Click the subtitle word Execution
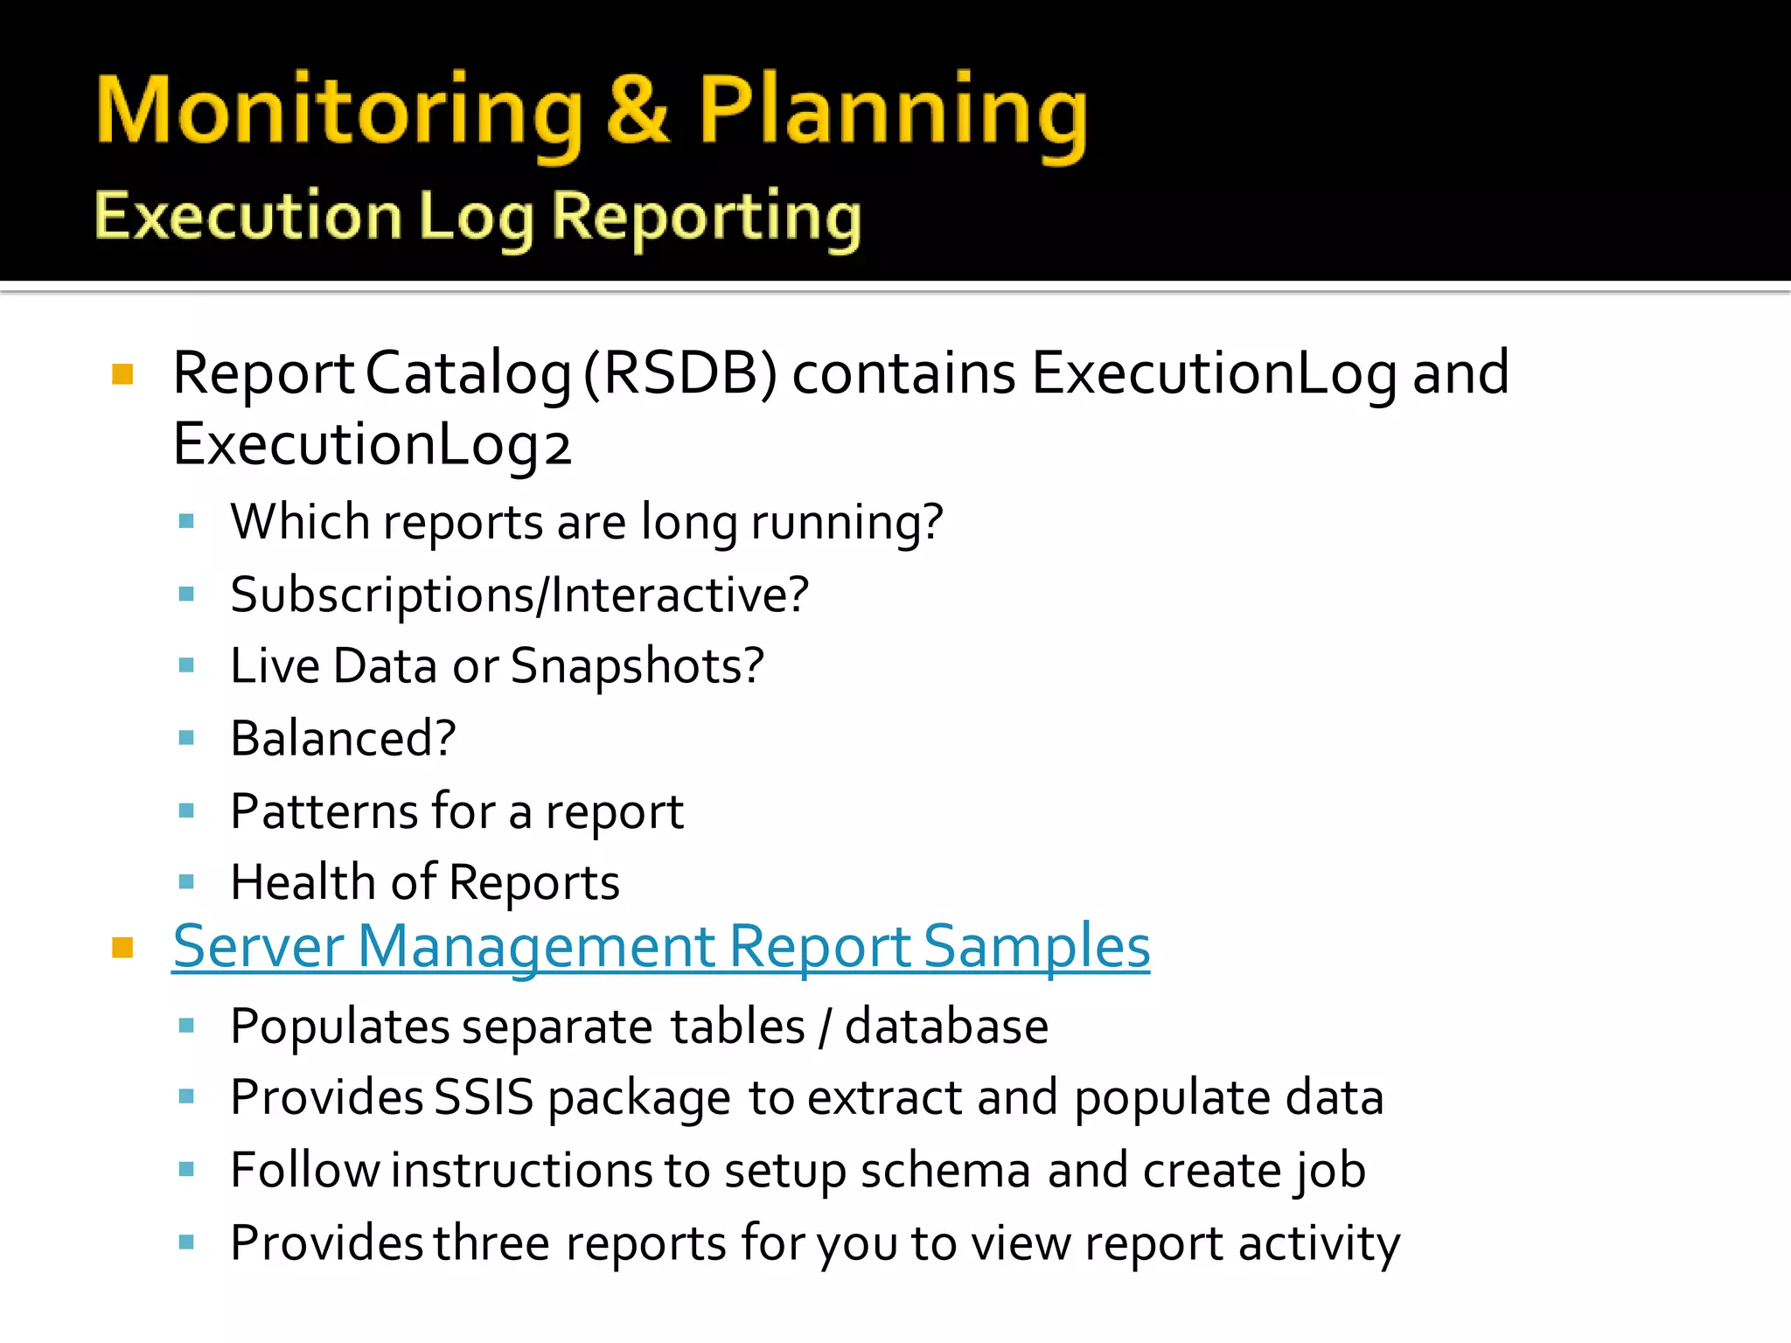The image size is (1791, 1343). (x=247, y=216)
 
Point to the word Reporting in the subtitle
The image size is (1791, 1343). (x=707, y=218)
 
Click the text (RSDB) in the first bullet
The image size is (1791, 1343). (x=680, y=373)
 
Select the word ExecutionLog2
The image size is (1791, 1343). (x=372, y=445)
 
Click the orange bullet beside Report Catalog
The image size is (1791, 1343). (x=122, y=375)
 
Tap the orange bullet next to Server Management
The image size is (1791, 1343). (x=122, y=948)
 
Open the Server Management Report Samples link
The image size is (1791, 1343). (x=661, y=947)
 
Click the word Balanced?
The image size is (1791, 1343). (x=343, y=739)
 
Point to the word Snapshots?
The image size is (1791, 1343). (x=637, y=666)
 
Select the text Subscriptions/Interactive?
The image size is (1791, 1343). (x=519, y=595)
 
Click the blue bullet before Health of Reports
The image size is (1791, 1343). (x=186, y=882)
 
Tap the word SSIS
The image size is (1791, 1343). (x=484, y=1097)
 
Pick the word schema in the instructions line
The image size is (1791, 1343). (x=945, y=1171)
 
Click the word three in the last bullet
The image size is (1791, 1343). (x=491, y=1242)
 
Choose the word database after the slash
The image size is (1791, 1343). (x=946, y=1026)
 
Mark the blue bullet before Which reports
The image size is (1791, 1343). (x=186, y=522)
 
